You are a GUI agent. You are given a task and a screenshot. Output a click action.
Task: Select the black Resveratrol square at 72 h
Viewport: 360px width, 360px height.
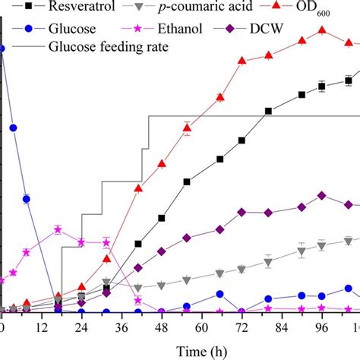(x=242, y=141)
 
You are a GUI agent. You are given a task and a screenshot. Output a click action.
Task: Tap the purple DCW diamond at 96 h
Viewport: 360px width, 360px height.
(x=322, y=195)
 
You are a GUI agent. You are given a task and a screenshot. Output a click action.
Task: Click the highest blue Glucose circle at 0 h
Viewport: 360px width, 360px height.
(x=2, y=48)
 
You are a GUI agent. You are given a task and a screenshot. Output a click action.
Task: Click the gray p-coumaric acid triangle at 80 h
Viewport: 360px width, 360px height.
(x=268, y=263)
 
